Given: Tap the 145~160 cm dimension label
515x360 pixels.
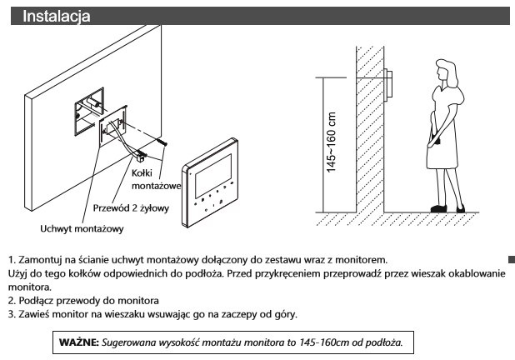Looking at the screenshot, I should [x=331, y=141].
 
